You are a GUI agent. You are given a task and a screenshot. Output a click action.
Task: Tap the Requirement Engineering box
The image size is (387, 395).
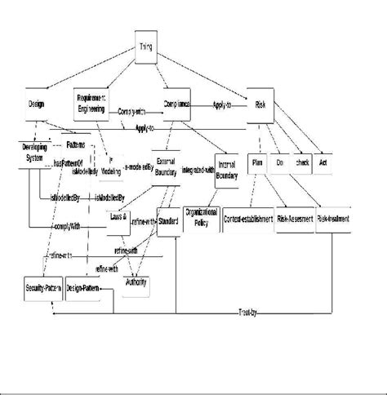coord(91,100)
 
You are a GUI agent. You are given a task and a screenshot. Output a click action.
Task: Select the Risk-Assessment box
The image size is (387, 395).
coord(296,220)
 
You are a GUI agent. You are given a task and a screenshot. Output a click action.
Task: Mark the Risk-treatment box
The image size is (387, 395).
coord(334,220)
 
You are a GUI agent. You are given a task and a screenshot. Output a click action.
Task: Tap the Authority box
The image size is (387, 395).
coord(136,282)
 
